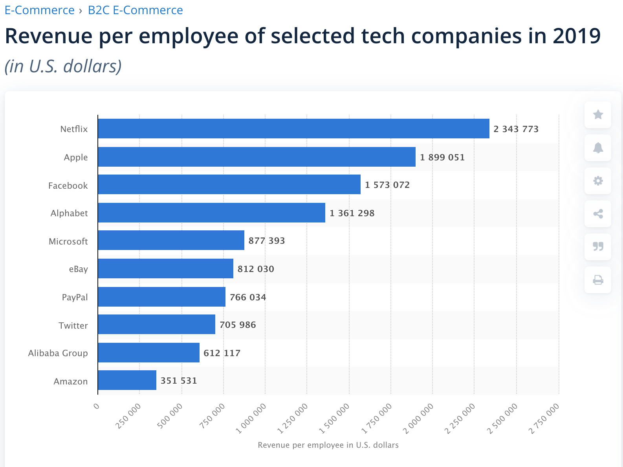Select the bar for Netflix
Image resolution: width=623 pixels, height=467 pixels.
click(293, 129)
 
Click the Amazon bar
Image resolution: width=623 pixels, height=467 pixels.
click(127, 380)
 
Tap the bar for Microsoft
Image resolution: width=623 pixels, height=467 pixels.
click(171, 240)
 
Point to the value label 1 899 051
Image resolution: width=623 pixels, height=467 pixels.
click(442, 157)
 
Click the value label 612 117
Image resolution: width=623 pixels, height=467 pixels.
click(222, 353)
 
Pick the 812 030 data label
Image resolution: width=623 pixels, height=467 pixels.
click(256, 269)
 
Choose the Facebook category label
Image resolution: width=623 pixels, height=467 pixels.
click(68, 186)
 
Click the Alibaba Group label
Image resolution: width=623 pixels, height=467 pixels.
click(58, 353)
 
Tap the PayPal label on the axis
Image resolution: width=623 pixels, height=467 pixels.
click(75, 297)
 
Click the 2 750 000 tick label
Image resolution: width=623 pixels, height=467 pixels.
click(544, 418)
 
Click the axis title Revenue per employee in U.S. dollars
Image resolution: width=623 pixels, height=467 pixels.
click(328, 445)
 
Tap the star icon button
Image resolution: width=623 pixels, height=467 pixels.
click(598, 115)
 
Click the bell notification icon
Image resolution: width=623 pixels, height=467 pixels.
click(598, 148)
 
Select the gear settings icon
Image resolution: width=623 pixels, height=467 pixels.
click(598, 181)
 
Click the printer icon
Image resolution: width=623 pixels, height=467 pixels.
click(598, 280)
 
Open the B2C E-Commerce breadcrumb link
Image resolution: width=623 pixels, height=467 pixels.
click(135, 10)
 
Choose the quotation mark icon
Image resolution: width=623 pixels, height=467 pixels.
click(598, 247)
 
